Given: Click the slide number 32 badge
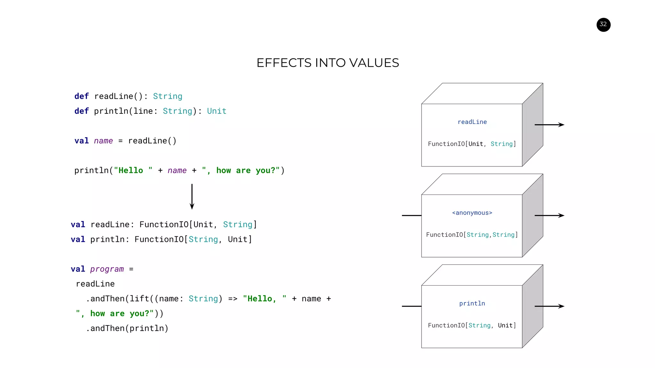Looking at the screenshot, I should tap(603, 25).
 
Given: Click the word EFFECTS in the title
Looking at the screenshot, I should tap(284, 63).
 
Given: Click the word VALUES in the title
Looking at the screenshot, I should tap(374, 63).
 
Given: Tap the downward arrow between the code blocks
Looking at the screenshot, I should tap(192, 196).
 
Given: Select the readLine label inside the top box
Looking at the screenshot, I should tap(472, 122).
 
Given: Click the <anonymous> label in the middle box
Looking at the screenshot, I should tap(472, 213).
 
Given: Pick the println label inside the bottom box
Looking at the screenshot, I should tap(472, 303).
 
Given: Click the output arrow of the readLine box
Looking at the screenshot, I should tap(549, 125).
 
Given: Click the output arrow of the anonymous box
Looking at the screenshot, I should tap(549, 215).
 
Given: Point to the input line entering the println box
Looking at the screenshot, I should tap(412, 306).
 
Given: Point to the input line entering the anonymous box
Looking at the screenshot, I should tap(412, 215).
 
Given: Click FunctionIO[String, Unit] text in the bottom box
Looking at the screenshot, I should tap(472, 325).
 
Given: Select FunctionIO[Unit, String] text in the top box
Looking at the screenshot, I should tap(472, 144).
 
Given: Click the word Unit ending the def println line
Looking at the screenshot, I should tap(217, 111).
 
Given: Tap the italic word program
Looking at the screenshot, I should tap(107, 269).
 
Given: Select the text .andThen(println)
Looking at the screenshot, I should tap(127, 328).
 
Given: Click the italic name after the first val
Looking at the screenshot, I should tap(103, 141).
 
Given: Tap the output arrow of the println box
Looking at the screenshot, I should tap(549, 306).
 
